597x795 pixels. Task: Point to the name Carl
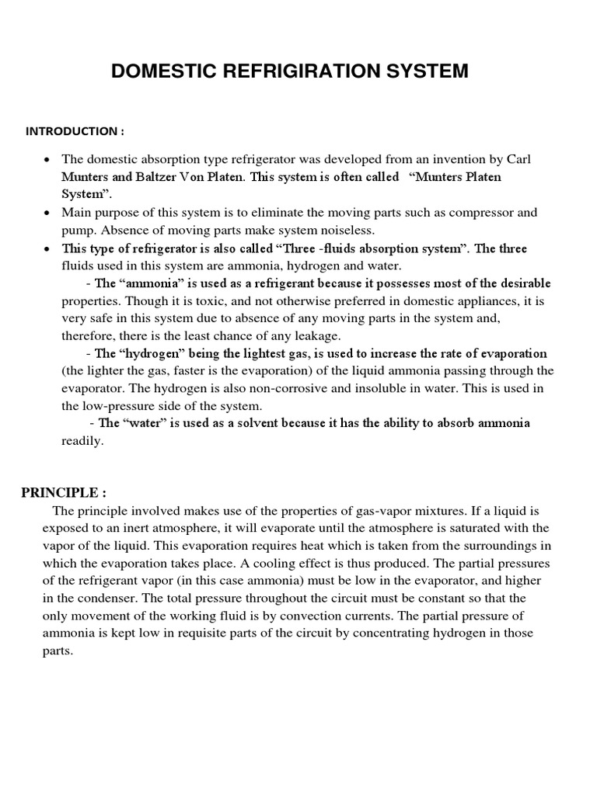point(518,159)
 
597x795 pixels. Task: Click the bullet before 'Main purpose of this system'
point(47,213)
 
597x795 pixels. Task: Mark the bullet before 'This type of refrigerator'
point(47,249)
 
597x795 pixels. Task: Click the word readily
point(82,441)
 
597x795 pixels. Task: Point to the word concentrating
point(399,634)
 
